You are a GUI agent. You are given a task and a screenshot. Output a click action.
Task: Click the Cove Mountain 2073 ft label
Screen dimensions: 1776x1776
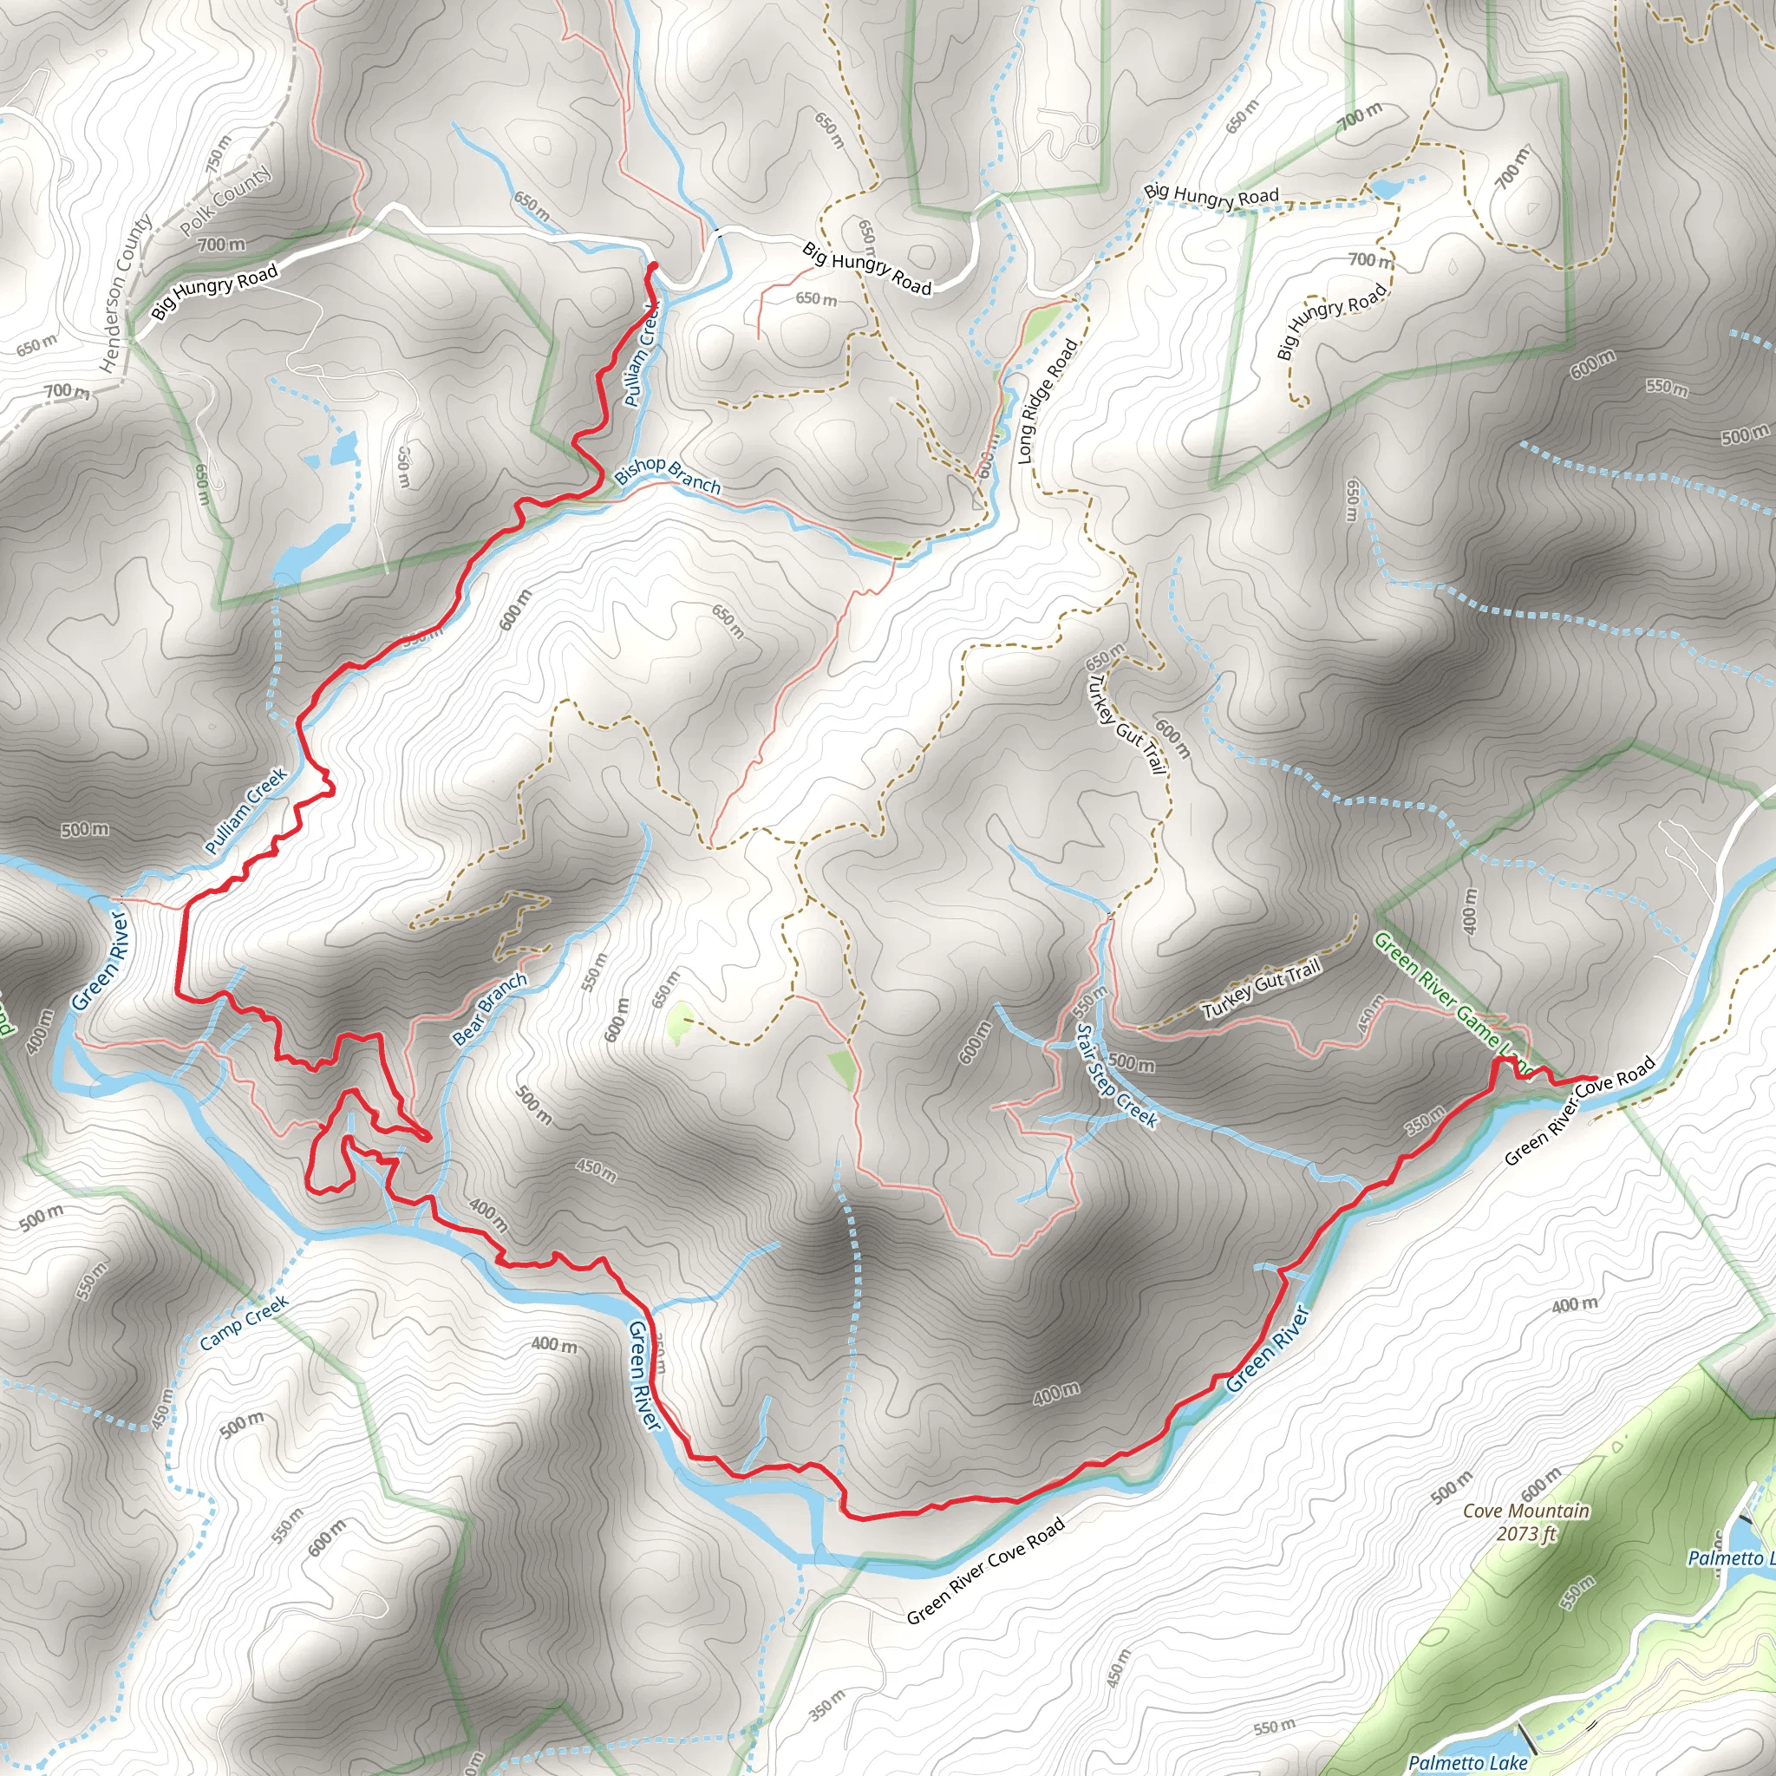click(1526, 1522)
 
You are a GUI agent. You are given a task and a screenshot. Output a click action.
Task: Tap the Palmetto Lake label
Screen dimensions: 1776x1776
click(1467, 1762)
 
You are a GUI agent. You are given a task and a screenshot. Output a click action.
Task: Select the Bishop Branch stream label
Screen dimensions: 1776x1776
click(668, 475)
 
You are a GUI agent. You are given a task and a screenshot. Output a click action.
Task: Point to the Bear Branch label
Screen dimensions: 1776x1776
click(490, 1009)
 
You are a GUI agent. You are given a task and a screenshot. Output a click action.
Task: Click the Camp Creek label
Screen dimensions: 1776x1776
click(245, 1322)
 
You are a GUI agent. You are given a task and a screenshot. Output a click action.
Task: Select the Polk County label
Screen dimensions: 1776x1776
click(226, 200)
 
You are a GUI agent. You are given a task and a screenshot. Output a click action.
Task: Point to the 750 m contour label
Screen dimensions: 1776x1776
click(219, 154)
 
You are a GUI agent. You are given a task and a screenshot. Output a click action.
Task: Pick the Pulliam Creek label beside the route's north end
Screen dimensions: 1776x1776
click(641, 355)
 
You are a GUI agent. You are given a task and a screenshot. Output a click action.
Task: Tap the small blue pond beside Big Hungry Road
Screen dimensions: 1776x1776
click(1387, 188)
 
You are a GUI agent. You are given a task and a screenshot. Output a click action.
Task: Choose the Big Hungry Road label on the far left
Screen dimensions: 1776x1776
click(214, 292)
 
